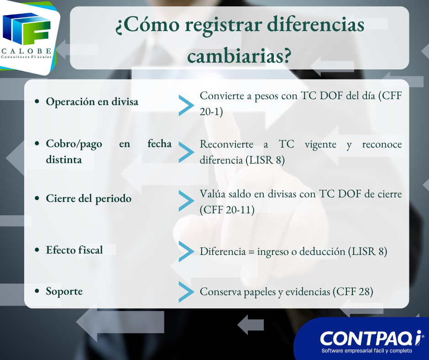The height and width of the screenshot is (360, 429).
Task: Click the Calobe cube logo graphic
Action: point(26,29)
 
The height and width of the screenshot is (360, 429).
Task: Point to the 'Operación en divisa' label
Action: point(92,101)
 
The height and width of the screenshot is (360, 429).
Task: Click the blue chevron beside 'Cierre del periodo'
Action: point(186,201)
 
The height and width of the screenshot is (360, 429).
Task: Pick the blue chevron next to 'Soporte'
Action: point(186,292)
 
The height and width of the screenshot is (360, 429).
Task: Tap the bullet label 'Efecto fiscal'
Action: point(74,250)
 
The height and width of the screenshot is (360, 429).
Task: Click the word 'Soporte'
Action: point(64,291)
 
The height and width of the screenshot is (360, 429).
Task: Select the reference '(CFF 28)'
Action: point(353,291)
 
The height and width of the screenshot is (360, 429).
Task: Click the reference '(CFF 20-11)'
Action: point(227,210)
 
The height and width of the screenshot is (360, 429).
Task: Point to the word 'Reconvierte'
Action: point(226,144)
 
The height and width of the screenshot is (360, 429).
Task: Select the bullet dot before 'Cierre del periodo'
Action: point(37,198)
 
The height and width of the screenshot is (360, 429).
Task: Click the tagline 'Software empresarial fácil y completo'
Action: point(366,351)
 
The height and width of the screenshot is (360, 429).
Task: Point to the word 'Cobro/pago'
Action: point(74,144)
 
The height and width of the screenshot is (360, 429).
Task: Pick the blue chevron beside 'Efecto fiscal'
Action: point(186,252)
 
